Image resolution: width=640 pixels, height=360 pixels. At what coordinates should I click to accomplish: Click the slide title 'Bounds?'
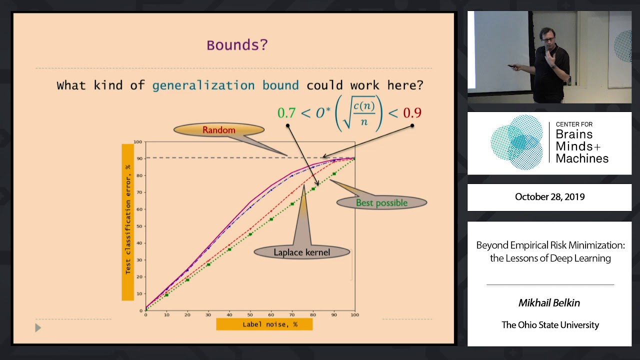237,45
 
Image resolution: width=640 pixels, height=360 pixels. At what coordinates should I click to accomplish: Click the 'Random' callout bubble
218,130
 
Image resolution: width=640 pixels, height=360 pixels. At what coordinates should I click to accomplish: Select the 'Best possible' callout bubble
381,202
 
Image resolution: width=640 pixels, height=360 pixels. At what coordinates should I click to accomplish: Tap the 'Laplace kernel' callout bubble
301,252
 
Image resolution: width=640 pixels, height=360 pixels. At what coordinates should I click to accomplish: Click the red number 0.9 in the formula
412,113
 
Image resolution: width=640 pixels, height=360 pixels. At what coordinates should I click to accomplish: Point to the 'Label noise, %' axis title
264,324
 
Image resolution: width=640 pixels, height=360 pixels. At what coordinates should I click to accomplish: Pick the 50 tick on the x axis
250,314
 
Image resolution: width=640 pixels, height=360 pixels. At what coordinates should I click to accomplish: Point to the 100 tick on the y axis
138,142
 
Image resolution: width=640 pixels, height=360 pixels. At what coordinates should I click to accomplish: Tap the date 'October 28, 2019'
549,197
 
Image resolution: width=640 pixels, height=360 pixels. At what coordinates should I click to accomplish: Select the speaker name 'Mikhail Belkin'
549,302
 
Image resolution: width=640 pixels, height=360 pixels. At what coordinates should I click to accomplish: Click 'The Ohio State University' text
550,325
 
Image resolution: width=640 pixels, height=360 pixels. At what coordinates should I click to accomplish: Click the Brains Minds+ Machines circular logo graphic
517,142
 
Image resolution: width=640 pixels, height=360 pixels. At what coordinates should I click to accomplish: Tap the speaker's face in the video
547,38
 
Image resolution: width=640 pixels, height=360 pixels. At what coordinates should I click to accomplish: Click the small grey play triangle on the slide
38,328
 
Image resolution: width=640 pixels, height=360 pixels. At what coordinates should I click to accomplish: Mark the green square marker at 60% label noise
271,219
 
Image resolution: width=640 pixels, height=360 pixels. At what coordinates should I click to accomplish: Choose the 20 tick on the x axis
187,314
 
